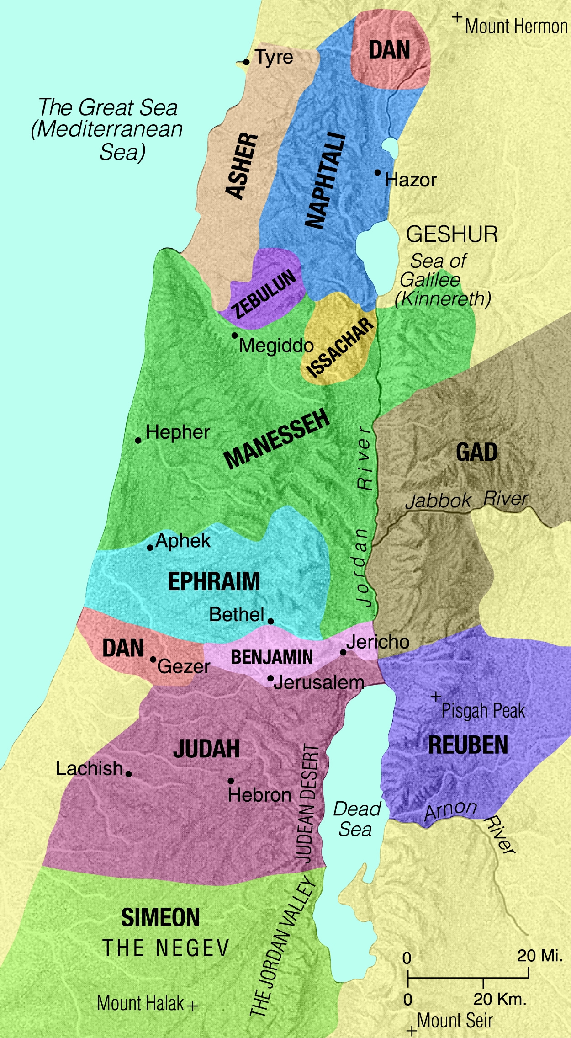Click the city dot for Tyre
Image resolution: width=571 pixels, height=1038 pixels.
[x=246, y=62]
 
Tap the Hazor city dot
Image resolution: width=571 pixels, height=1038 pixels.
[x=378, y=172]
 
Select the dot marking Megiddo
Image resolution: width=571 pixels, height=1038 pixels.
[x=234, y=335]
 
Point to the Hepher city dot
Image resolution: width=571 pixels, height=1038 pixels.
[x=138, y=441]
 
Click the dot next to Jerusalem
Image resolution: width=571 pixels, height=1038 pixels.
[x=270, y=678]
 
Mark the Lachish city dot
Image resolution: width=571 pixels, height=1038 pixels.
[x=129, y=774]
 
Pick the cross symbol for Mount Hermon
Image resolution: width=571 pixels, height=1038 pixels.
[x=457, y=18]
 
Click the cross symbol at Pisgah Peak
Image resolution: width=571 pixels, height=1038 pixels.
[x=436, y=697]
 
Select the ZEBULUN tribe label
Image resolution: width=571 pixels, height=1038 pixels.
[x=264, y=294]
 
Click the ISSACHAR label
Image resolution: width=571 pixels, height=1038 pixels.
[x=340, y=348]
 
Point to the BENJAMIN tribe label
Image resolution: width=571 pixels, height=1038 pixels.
[x=272, y=658]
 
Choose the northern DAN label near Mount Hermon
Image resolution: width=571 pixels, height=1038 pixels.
[x=389, y=49]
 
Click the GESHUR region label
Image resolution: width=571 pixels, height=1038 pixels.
[x=452, y=234]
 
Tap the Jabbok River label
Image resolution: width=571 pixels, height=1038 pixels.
[x=466, y=500]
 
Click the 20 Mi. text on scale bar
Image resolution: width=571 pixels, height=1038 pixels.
[x=539, y=956]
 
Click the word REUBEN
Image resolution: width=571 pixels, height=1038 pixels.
[x=468, y=745]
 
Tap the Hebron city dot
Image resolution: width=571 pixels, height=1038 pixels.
[x=231, y=781]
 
